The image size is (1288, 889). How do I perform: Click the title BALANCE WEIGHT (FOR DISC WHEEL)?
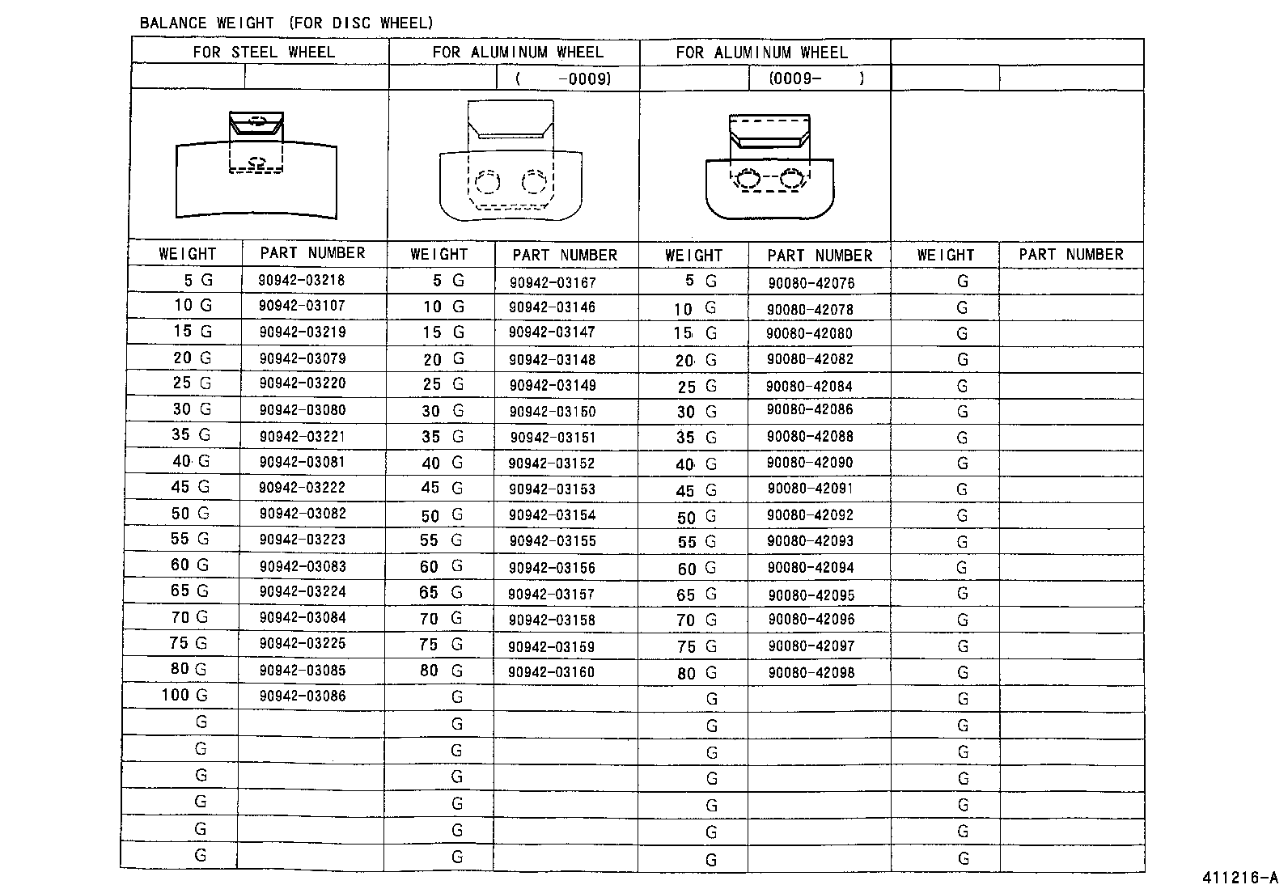(x=286, y=23)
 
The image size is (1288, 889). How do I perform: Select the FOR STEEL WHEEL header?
(x=263, y=52)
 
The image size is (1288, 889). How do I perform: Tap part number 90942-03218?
(x=302, y=280)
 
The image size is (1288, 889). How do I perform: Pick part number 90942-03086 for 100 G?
(x=302, y=696)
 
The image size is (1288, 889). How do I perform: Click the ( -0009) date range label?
(x=563, y=78)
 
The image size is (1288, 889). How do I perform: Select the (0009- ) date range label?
(x=817, y=78)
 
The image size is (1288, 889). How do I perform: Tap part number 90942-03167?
(x=553, y=282)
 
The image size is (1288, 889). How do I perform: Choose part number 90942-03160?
(x=551, y=672)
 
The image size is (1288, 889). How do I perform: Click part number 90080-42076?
(x=811, y=283)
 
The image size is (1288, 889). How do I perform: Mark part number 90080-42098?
(x=811, y=672)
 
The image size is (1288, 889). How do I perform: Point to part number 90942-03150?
(x=553, y=412)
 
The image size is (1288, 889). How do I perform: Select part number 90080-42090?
(x=810, y=463)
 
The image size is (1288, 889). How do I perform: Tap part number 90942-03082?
(x=302, y=514)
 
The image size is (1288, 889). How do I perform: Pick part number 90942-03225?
(x=302, y=644)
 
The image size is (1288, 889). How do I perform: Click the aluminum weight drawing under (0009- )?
(x=769, y=167)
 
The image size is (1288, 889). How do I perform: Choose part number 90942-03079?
(x=302, y=358)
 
